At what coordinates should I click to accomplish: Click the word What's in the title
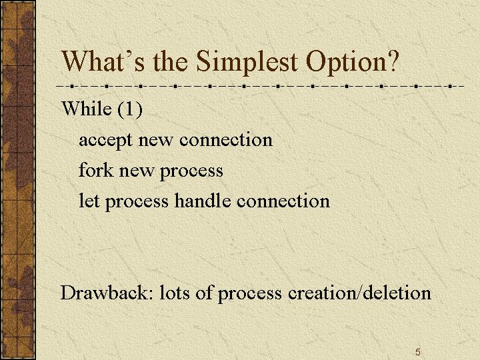click(x=103, y=61)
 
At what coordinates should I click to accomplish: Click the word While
click(x=87, y=109)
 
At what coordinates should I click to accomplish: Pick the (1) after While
click(x=130, y=109)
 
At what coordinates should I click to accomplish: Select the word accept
click(x=105, y=141)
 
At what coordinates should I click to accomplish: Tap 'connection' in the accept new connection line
click(x=226, y=139)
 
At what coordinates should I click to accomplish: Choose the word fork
click(x=96, y=169)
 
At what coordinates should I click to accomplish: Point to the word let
click(x=89, y=201)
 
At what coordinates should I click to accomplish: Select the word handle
click(x=203, y=201)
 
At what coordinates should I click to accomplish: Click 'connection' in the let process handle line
click(x=283, y=201)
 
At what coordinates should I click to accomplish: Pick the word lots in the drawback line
click(x=174, y=293)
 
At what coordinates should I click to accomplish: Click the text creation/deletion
click(x=359, y=293)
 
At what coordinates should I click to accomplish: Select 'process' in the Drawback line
click(x=249, y=295)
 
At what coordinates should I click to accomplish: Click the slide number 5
click(x=418, y=352)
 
